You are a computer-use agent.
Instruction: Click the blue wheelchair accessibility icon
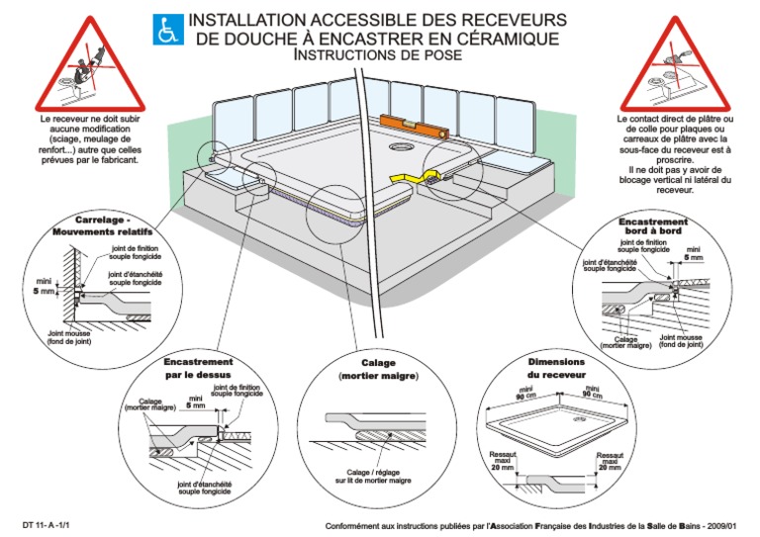(169, 30)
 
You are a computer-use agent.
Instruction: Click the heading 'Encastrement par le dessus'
(198, 368)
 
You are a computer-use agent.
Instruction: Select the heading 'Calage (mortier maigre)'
(377, 370)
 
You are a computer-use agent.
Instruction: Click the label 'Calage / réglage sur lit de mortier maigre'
(379, 476)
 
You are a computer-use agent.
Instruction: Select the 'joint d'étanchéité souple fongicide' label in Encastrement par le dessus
(205, 487)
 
